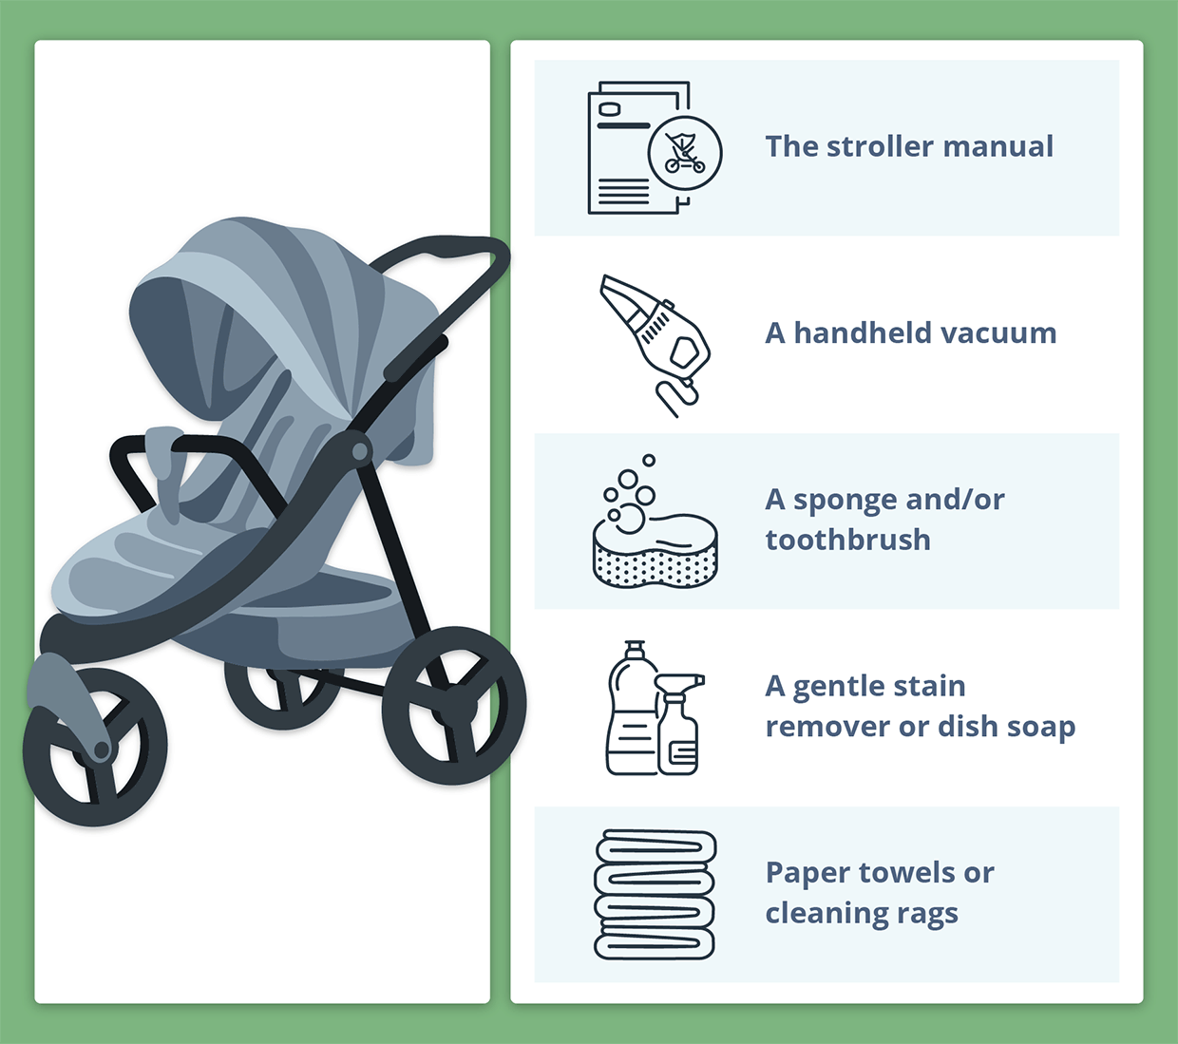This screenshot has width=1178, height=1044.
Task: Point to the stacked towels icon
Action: click(655, 895)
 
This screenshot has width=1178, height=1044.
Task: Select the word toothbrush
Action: click(847, 540)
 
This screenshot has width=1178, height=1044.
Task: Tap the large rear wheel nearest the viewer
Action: click(454, 705)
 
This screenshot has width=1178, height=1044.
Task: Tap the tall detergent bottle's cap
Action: click(635, 649)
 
